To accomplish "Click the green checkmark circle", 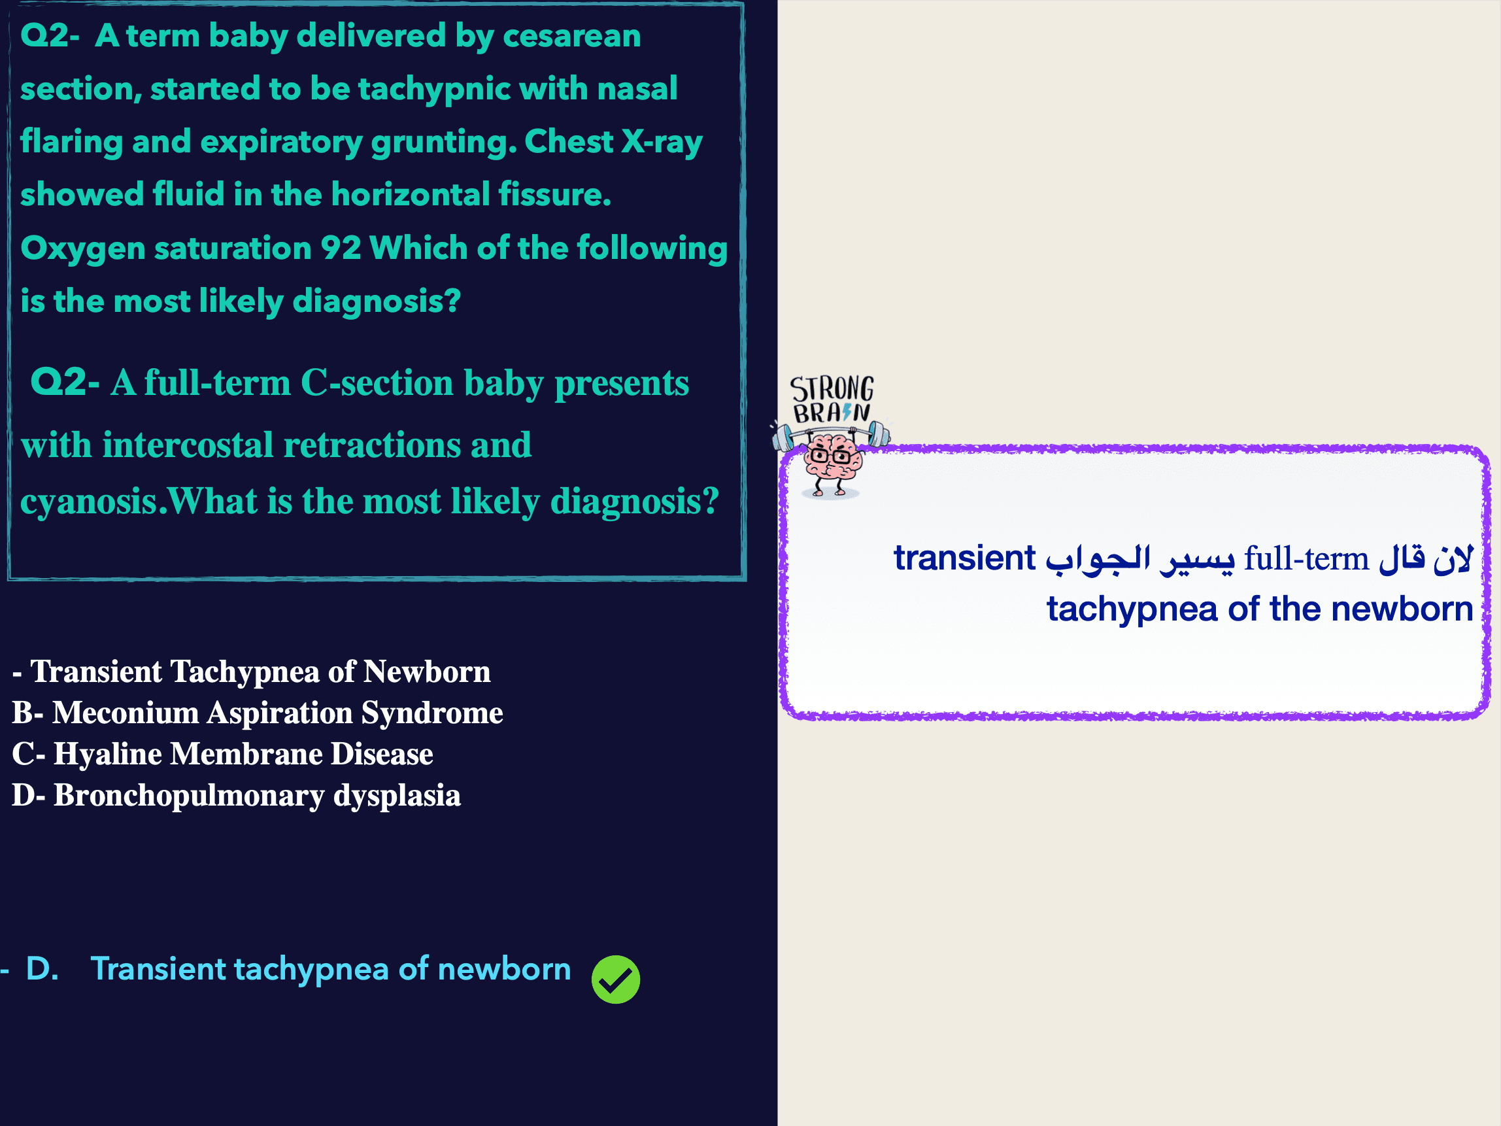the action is pos(615,980).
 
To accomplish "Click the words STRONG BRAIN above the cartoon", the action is pos(832,399).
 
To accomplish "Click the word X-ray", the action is pos(662,143).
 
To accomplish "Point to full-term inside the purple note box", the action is pos(1306,558).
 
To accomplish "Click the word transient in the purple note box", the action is pos(964,558).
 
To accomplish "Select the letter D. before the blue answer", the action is pos(42,968).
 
